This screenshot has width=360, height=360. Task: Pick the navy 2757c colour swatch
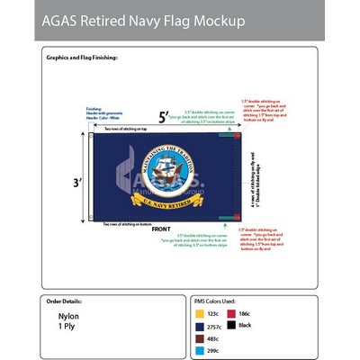coord(200,328)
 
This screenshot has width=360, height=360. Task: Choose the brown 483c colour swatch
coord(200,339)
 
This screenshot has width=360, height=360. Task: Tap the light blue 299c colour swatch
coord(200,351)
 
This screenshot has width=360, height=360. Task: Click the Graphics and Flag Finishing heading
coord(82,57)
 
